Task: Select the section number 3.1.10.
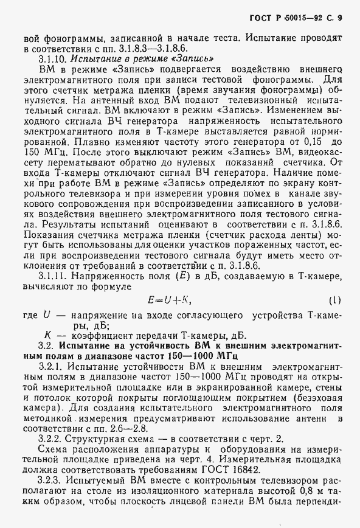point(52,59)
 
